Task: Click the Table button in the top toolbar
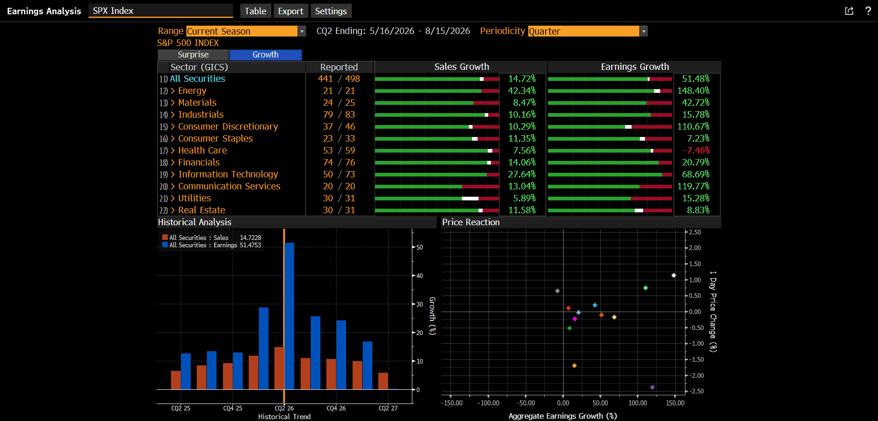255,11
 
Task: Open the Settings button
331,11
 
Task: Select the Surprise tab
193,55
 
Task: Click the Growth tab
265,55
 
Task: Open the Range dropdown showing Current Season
246,31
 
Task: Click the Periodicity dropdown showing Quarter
587,31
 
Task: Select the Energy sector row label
192,91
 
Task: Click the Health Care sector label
202,151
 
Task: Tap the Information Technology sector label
228,175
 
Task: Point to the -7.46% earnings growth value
696,151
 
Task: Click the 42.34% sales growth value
522,91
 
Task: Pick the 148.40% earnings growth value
693,91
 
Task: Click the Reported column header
339,67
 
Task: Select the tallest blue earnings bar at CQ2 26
289,316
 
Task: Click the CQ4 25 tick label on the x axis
233,408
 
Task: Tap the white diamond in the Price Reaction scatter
673,276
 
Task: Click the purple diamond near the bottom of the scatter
652,387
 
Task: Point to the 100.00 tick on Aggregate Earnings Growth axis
638,403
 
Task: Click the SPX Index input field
160,11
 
